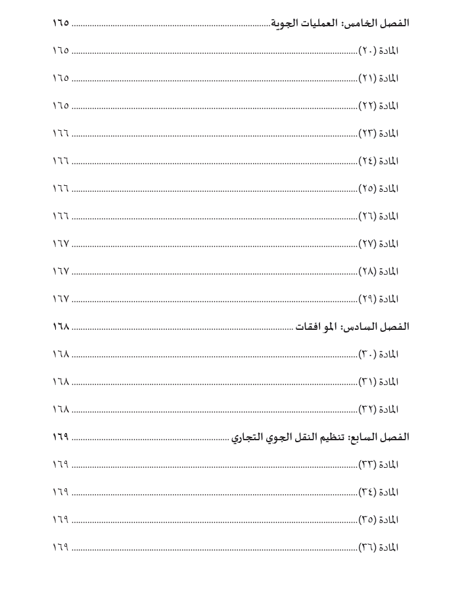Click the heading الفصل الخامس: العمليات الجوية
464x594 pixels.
[x=339, y=22]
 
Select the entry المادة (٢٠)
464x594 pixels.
[x=379, y=51]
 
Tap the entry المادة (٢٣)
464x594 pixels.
[x=379, y=133]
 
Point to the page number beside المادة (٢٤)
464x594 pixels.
[x=60, y=161]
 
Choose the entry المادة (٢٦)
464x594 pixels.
[x=379, y=216]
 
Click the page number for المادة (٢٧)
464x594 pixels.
[x=60, y=244]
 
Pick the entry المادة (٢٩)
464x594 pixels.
[x=379, y=299]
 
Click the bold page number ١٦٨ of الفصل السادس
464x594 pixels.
[x=60, y=327]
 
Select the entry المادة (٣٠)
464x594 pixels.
[x=379, y=354]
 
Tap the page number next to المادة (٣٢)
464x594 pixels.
[x=60, y=409]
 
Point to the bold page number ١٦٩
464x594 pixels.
[x=60, y=437]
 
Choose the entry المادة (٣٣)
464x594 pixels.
[x=379, y=465]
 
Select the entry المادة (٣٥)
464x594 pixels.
[x=379, y=520]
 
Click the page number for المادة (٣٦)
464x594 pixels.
[x=60, y=547]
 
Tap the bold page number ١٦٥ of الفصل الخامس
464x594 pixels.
[x=60, y=22]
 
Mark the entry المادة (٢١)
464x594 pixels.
[x=379, y=78]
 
